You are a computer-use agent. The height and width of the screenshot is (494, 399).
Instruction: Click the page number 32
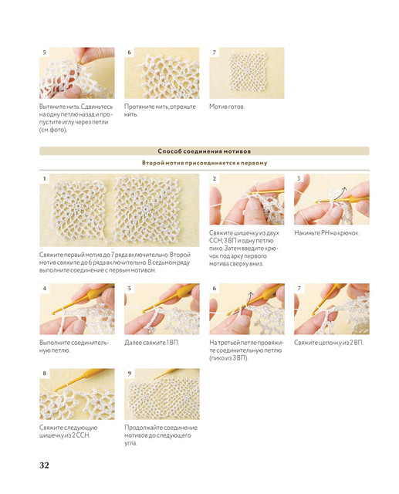pyautogui.click(x=44, y=465)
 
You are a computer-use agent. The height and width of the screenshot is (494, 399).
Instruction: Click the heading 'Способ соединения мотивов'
pyautogui.click(x=204, y=151)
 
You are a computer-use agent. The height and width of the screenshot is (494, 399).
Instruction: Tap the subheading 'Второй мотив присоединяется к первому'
pyautogui.click(x=205, y=163)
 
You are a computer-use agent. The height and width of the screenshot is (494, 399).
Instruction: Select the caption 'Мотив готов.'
pyautogui.click(x=227, y=107)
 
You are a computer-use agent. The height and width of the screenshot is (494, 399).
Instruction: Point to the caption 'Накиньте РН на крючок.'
pyautogui.click(x=326, y=233)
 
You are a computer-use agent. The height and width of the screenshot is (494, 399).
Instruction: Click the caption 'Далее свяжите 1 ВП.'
pyautogui.click(x=151, y=343)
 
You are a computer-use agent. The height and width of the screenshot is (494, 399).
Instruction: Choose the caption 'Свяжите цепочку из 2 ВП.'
pyautogui.click(x=329, y=343)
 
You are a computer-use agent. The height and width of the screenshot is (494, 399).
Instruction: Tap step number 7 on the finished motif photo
pyautogui.click(x=214, y=52)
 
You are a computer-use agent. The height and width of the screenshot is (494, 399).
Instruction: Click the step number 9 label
pyautogui.click(x=129, y=374)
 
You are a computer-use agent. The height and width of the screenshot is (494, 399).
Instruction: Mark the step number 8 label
pyautogui.click(x=45, y=374)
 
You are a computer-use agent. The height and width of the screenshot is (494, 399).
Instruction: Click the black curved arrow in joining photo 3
pyautogui.click(x=342, y=191)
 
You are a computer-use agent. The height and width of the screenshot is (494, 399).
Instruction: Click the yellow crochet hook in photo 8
pyautogui.click(x=83, y=379)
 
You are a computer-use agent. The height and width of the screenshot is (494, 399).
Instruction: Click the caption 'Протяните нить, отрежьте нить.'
pyautogui.click(x=160, y=110)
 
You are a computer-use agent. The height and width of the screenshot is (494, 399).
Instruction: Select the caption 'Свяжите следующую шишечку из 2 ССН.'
pyautogui.click(x=69, y=431)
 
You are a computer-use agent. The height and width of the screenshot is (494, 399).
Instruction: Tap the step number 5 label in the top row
pyautogui.click(x=45, y=52)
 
